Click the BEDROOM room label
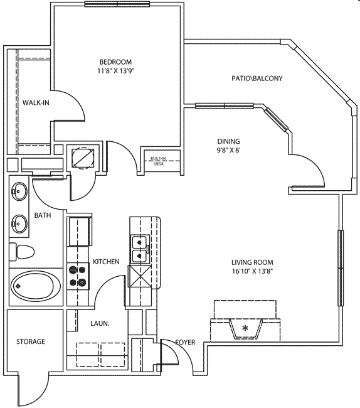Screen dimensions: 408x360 116,62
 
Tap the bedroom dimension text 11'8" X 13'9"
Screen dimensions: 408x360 116,71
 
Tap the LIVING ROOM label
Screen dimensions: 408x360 252,262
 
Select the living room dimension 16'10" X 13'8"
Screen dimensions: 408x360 252,272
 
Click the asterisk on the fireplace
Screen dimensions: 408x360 246,328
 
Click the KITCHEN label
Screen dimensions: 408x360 106,261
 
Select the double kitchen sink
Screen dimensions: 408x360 139,250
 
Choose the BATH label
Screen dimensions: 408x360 43,215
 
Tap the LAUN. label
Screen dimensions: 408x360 100,323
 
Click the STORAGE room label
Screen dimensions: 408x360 31,341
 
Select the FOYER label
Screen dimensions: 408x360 184,343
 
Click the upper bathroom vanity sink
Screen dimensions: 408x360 19,190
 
